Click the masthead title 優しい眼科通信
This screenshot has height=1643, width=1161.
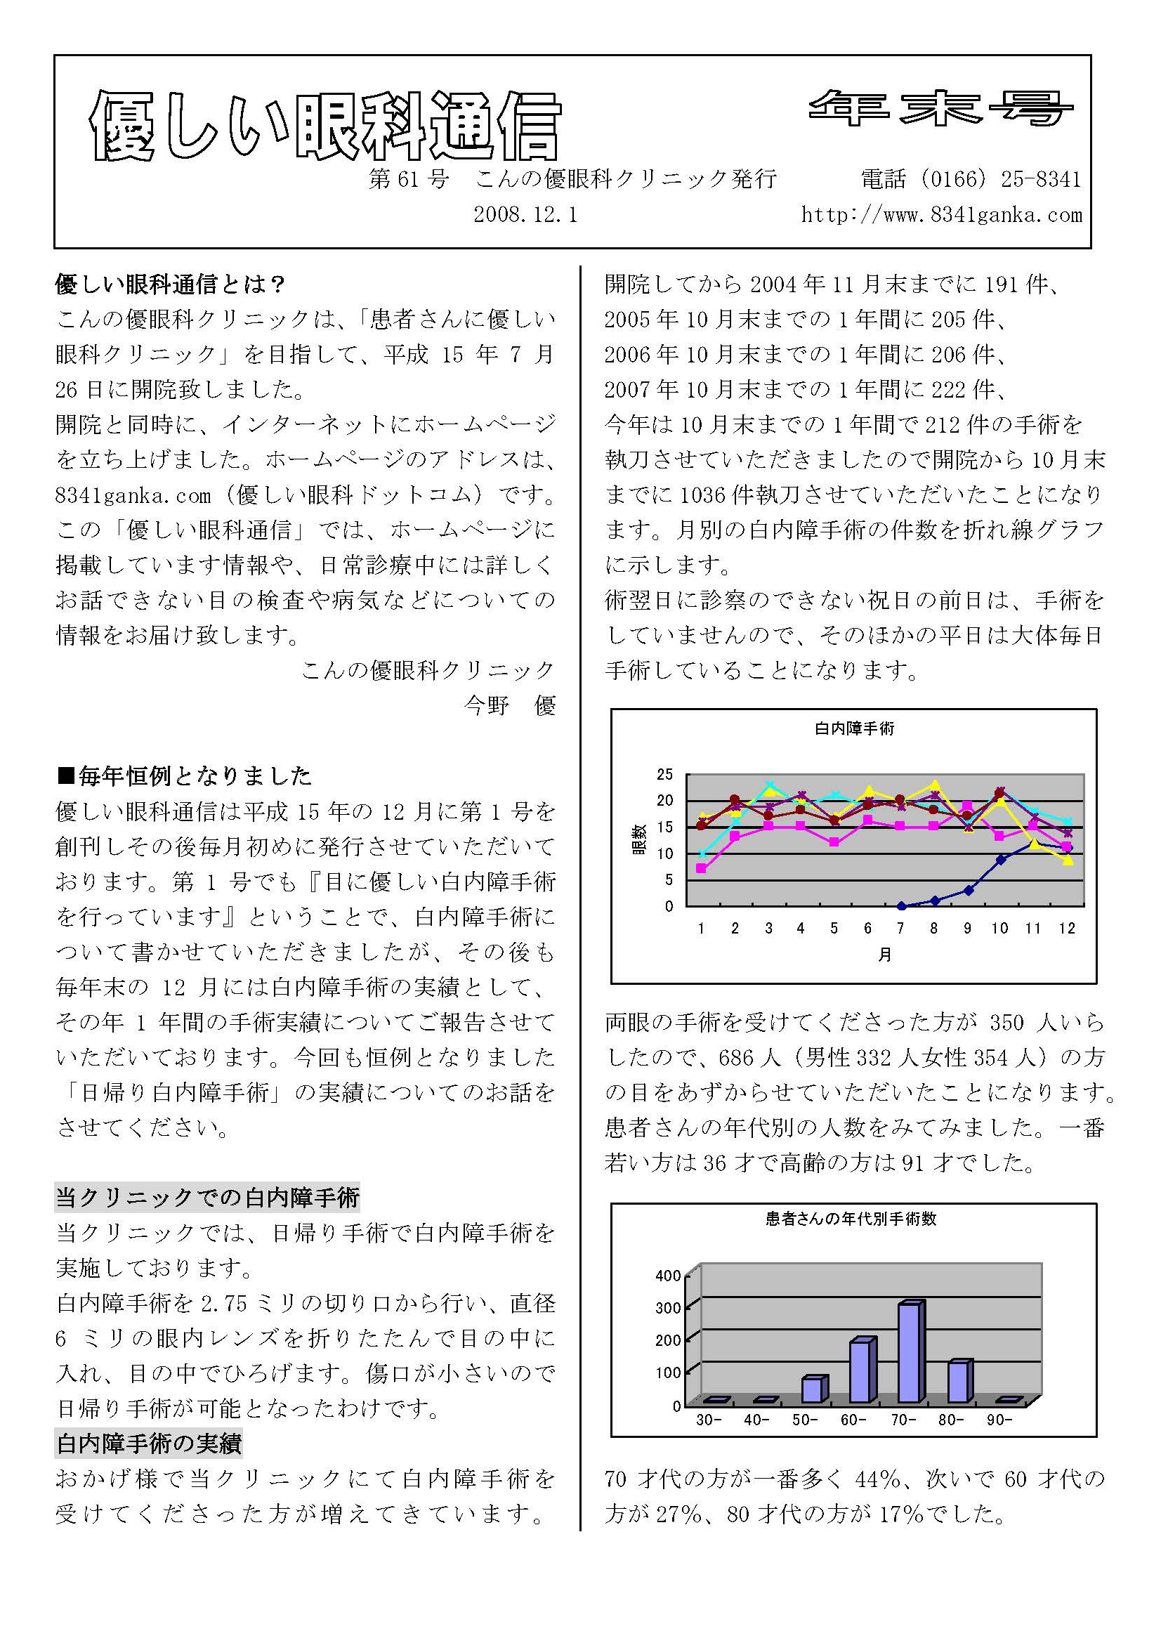[x=325, y=125]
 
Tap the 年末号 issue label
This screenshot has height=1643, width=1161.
[x=941, y=107]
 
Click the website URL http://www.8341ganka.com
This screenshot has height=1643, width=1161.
[x=941, y=215]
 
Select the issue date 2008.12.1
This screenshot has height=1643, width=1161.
[x=525, y=215]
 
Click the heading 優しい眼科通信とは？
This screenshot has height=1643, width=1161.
[x=170, y=284]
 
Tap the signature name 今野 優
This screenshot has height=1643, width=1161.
[x=509, y=705]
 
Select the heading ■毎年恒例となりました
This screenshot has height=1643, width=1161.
[x=185, y=775]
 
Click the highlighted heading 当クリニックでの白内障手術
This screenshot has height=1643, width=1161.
[x=207, y=1198]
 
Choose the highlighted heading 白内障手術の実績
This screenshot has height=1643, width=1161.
[x=149, y=1444]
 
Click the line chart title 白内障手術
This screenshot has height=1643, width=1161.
[x=854, y=728]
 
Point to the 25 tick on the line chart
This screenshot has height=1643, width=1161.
[x=664, y=774]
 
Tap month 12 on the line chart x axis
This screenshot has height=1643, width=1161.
[x=1067, y=928]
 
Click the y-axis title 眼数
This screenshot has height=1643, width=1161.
[x=639, y=839]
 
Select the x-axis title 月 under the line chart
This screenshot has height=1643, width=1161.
[x=885, y=955]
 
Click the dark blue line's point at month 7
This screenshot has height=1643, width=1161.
[x=900, y=906]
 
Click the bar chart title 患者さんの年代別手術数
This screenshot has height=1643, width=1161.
[x=851, y=1219]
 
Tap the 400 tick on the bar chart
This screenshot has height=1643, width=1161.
[x=668, y=1276]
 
